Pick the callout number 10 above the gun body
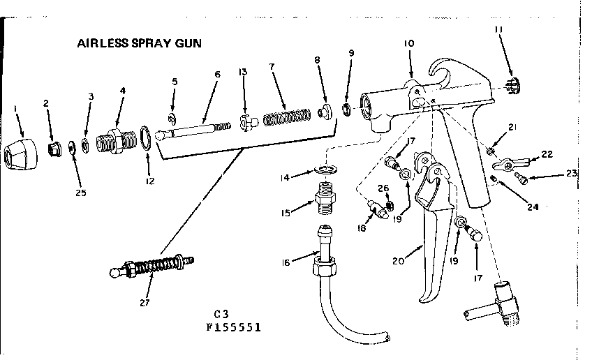click(x=409, y=43)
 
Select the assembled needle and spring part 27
click(x=154, y=268)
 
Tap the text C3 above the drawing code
click(x=222, y=313)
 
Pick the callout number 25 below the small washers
click(x=80, y=193)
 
